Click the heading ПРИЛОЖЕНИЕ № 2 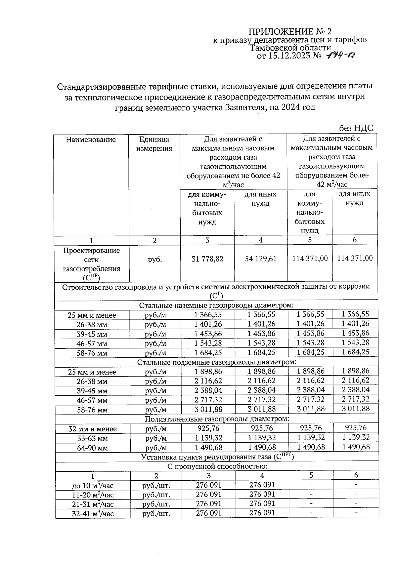[x=289, y=32]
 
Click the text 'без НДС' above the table [x=356, y=128]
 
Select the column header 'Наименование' [x=91, y=140]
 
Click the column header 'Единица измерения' [x=154, y=144]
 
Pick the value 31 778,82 [x=207, y=259]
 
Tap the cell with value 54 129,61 [x=261, y=259]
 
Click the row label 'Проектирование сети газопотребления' [x=91, y=264]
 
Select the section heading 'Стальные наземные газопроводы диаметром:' [x=216, y=305]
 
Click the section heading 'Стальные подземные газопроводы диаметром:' [x=216, y=362]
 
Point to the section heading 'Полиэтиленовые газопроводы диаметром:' [x=217, y=419]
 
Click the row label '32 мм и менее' [x=92, y=429]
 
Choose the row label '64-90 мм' [x=92, y=448]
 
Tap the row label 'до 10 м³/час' [x=93, y=486]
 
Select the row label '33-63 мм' [x=92, y=439]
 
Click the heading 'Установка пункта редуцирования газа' [x=217, y=457]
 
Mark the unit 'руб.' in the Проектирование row [x=155, y=259]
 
